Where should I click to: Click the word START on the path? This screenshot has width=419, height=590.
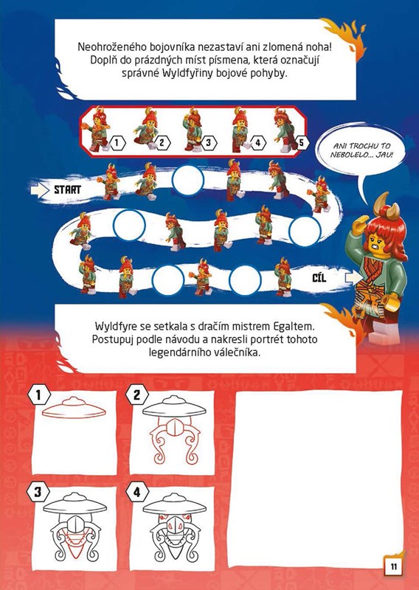67,190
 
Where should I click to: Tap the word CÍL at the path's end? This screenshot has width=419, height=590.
319,278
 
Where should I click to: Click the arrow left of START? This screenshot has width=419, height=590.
40,190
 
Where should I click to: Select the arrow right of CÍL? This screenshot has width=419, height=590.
353,278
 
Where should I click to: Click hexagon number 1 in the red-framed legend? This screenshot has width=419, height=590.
117,143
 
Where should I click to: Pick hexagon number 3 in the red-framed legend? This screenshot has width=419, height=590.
209,142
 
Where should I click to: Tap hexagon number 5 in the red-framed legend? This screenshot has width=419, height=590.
301,142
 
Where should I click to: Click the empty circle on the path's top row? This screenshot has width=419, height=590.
187,180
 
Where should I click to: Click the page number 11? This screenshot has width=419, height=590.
393,566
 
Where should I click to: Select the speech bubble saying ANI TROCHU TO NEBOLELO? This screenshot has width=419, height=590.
361,150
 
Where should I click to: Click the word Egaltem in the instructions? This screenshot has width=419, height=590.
298,325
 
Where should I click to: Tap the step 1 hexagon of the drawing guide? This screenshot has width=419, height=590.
38,395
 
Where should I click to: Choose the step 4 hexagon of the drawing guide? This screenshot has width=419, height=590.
136,492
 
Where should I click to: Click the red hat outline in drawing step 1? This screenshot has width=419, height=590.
74,408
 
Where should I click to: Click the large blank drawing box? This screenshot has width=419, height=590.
319,479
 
